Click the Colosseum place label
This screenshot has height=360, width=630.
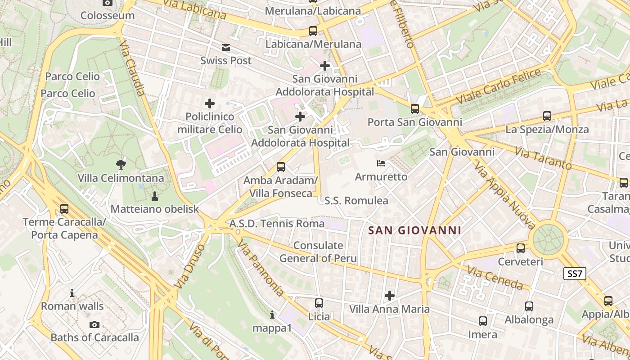coord(107,15)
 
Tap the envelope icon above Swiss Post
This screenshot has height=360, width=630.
coord(225,48)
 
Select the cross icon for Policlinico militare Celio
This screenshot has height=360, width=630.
coord(209,103)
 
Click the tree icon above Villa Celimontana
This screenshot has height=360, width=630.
coord(121,164)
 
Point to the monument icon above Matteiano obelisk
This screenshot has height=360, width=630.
coord(155,196)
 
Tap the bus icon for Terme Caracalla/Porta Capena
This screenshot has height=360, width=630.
coord(64,209)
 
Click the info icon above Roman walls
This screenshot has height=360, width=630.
coord(72,293)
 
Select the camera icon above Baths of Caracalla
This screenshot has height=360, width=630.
coord(94,324)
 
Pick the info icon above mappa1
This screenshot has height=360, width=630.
coord(272,315)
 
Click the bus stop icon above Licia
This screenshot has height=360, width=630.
coord(319,303)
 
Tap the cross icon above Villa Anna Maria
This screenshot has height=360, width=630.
coord(390,296)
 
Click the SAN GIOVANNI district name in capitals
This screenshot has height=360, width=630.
coord(414,231)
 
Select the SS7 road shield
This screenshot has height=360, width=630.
coord(575,274)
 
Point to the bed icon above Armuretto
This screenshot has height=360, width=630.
coord(381,163)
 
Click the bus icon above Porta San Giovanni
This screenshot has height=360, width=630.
coord(414,109)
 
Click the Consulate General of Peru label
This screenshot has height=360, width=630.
coord(318,252)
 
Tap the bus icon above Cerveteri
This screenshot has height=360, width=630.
coord(521,248)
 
